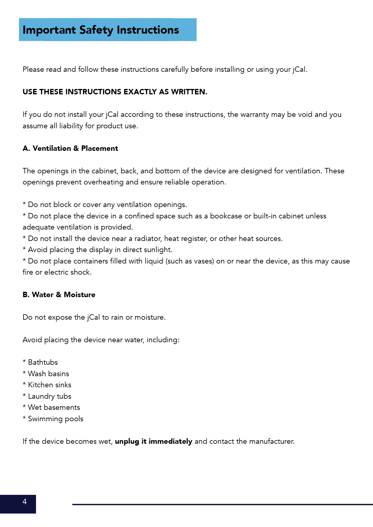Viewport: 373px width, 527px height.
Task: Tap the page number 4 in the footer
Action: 24,501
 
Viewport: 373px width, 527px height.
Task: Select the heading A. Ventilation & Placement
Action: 70,148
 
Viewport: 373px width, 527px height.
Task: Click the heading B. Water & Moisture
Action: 59,295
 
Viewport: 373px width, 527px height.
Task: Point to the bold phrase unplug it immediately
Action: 153,441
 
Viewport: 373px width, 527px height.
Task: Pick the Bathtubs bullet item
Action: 43,362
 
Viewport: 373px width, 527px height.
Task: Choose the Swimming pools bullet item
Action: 55,419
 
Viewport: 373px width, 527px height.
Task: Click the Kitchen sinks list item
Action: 49,385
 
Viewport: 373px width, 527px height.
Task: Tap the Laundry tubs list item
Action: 49,396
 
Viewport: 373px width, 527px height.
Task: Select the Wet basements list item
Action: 54,407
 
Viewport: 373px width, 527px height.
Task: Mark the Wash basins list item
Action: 48,374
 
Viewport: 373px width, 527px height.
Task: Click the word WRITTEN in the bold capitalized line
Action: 189,92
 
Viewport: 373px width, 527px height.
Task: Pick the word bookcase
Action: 226,216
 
